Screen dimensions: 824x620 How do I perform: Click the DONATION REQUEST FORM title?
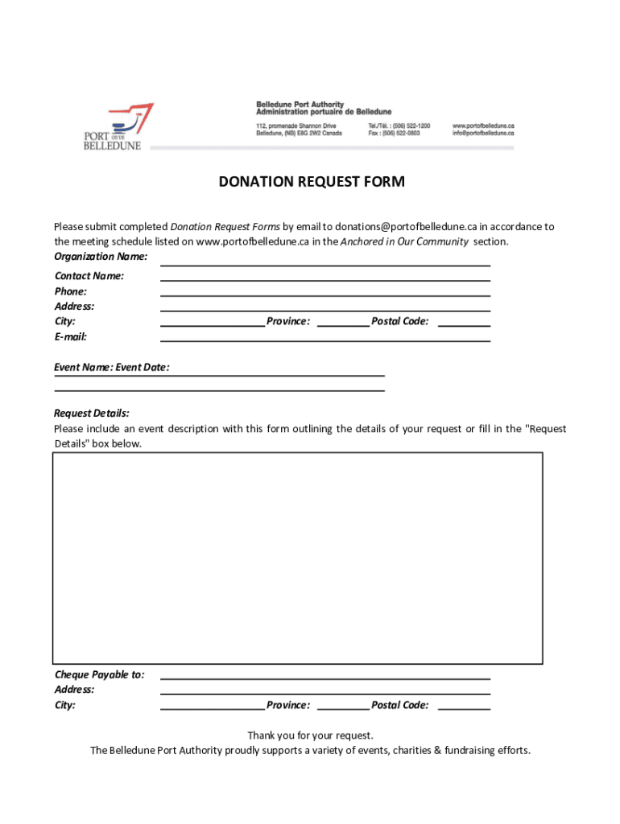312,182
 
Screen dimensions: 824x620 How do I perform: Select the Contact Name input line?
325,277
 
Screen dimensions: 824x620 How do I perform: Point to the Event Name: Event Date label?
112,368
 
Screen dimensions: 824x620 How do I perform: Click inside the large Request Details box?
297,557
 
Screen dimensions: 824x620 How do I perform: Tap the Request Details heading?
92,414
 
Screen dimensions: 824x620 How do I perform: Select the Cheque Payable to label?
100,675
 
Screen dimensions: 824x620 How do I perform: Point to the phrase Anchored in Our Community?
404,241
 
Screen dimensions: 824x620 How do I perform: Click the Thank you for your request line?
310,735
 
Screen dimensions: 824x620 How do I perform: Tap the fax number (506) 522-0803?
402,134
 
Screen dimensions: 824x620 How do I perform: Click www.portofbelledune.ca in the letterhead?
483,126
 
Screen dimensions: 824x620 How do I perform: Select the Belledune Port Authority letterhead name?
300,105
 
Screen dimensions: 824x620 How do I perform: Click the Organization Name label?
101,257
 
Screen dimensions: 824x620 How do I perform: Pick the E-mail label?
71,337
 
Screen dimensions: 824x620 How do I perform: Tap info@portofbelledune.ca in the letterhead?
483,134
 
